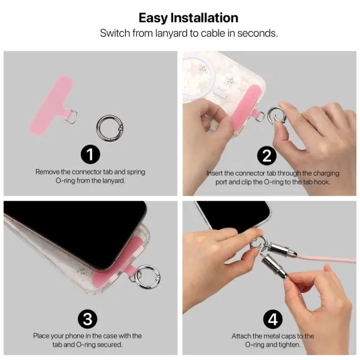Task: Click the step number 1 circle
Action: click(x=90, y=154)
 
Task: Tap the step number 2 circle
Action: click(x=267, y=155)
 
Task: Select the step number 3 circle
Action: click(x=88, y=319)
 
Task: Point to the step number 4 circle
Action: click(x=273, y=319)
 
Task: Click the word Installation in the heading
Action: click(x=204, y=18)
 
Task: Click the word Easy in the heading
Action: click(x=153, y=18)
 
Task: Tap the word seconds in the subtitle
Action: click(x=257, y=33)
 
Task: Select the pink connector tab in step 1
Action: click(x=52, y=105)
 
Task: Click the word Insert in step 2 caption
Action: click(x=215, y=173)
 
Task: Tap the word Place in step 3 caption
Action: click(x=41, y=336)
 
